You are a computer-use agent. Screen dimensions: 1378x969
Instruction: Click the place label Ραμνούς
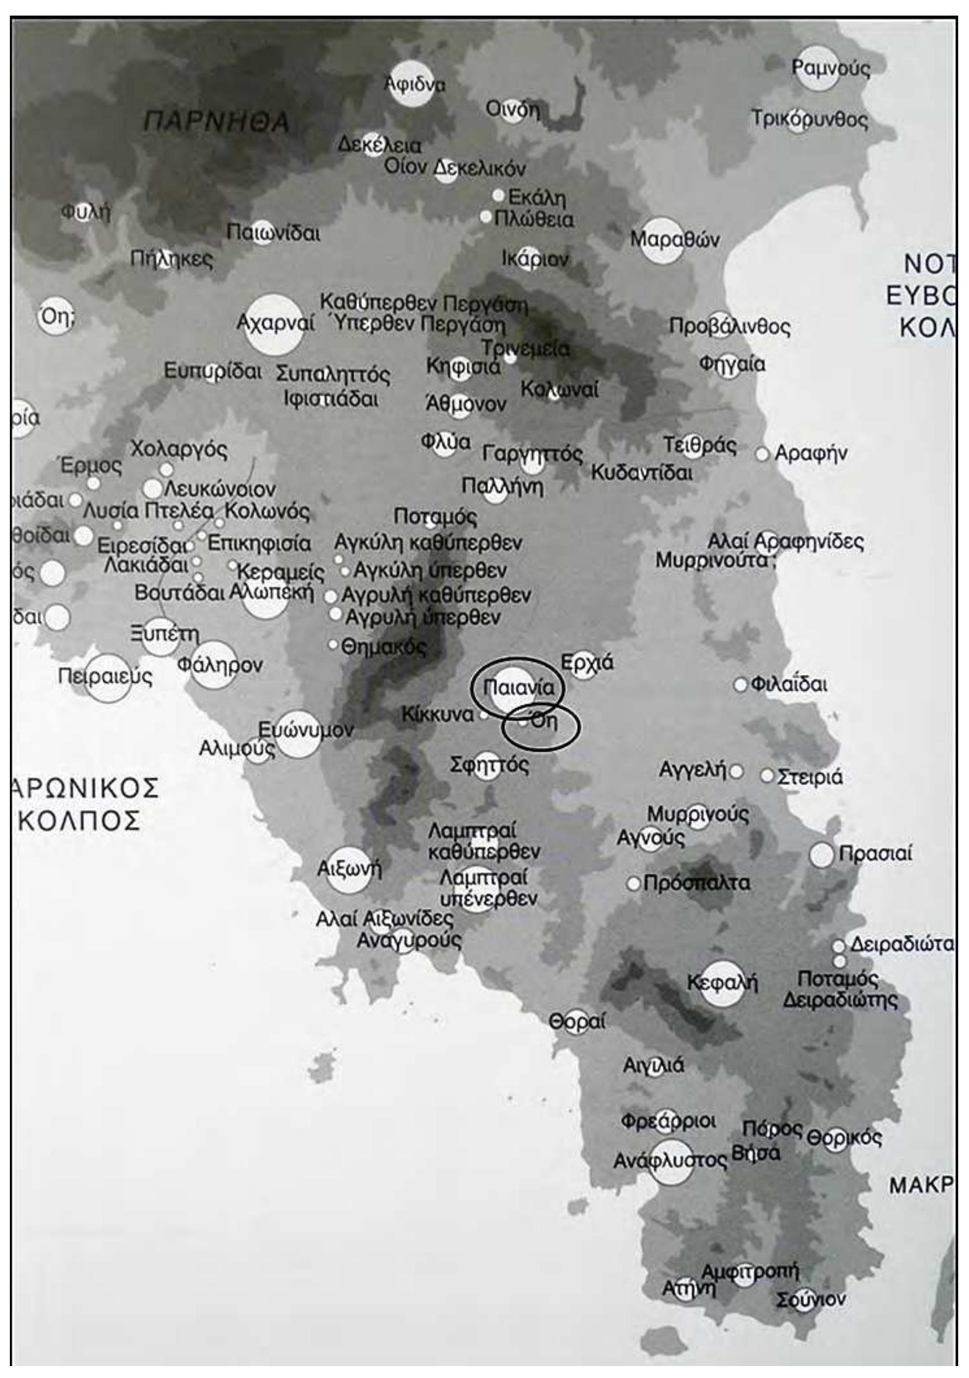point(830,69)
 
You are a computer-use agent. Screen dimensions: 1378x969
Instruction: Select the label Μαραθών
point(674,240)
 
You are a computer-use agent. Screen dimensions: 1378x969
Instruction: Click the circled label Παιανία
point(519,688)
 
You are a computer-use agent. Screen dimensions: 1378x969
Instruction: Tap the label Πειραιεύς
point(105,677)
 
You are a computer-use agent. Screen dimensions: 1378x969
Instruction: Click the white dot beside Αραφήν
point(762,454)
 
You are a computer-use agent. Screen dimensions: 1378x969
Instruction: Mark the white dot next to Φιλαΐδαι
point(741,685)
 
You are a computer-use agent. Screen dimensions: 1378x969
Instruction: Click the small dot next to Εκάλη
point(498,196)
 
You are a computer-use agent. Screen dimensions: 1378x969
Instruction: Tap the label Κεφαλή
point(722,983)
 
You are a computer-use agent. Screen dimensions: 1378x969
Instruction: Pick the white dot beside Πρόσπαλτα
point(633,883)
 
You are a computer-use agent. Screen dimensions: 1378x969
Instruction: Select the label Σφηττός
point(489,765)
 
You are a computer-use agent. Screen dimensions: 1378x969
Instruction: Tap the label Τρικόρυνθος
point(810,120)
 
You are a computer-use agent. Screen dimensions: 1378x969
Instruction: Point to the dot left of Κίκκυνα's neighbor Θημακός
point(333,645)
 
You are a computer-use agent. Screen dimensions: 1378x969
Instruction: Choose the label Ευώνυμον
point(306,730)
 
